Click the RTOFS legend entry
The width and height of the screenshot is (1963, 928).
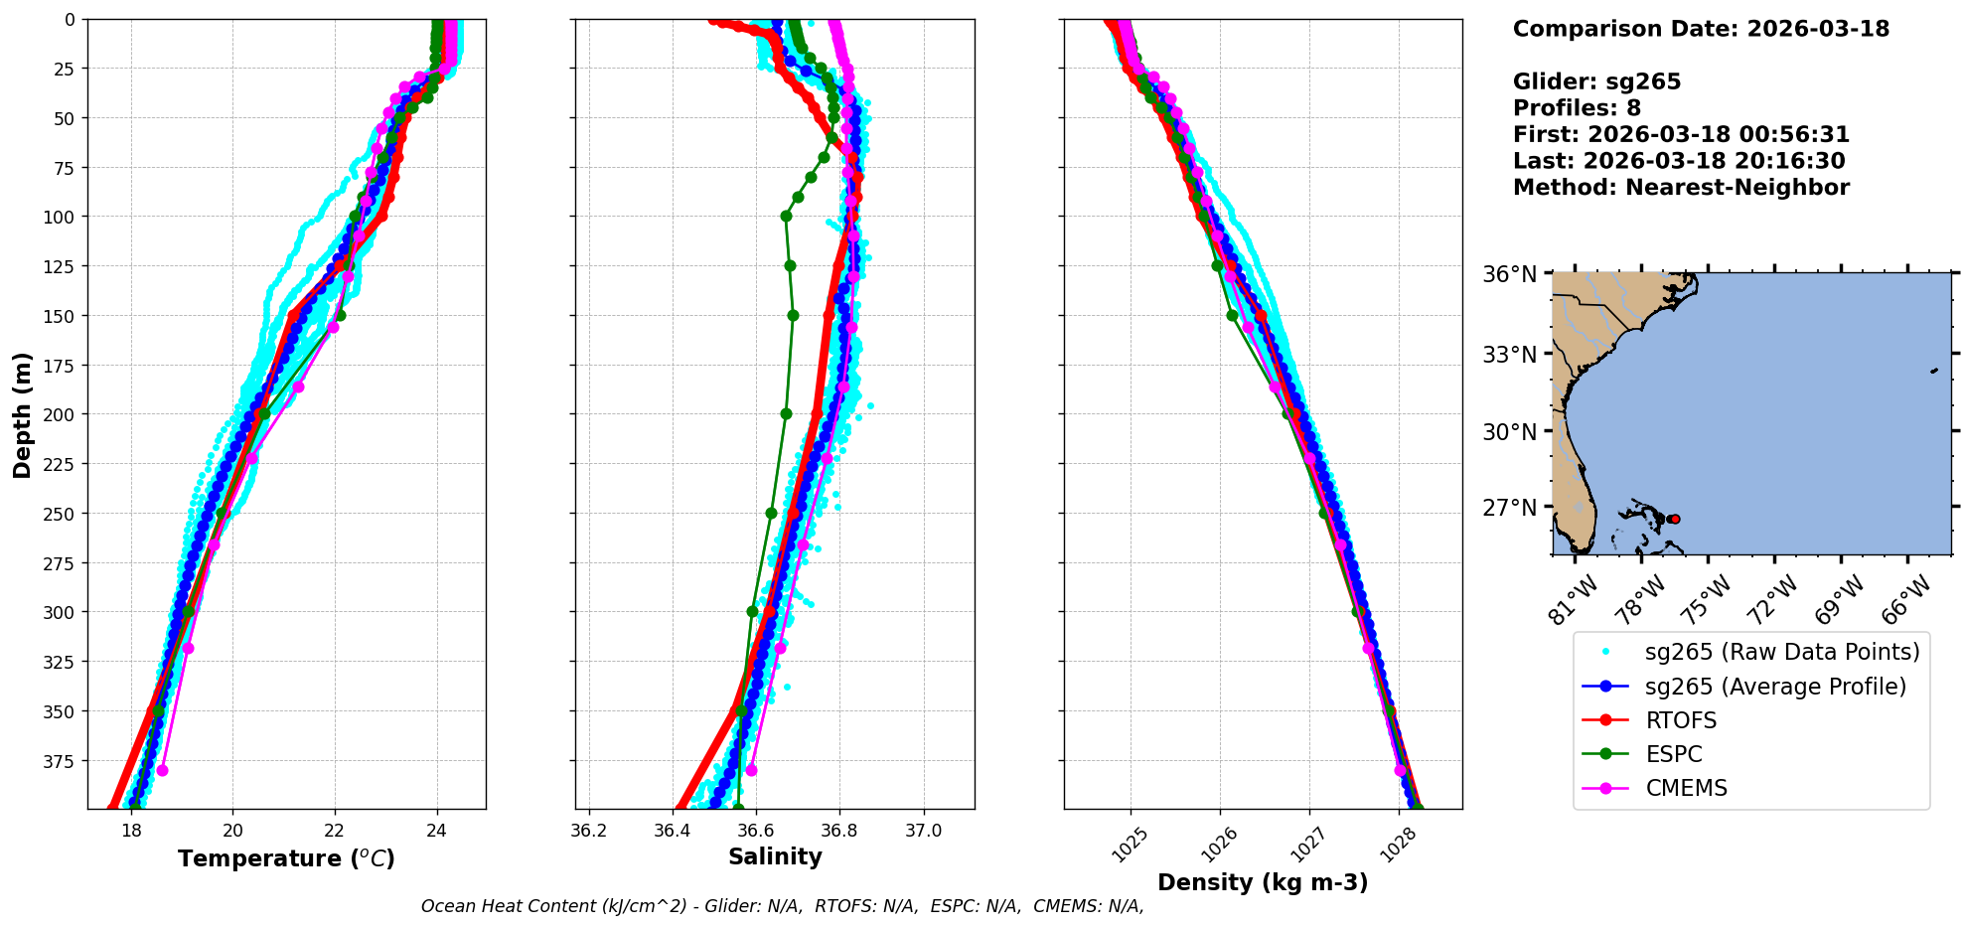pos(1680,720)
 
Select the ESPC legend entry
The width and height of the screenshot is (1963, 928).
pos(1673,754)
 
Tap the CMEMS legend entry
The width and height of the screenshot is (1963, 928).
pos(1686,788)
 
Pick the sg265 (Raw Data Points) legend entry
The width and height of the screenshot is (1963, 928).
pos(1782,652)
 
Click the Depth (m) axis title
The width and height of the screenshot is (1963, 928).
pos(23,414)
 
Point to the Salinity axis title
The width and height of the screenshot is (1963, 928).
pos(775,857)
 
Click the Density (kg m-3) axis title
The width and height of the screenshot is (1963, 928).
pos(1263,882)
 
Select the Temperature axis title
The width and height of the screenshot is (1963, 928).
pos(286,858)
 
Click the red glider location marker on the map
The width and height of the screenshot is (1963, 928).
pos(1675,519)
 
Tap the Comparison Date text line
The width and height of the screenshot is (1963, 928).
pos(1701,29)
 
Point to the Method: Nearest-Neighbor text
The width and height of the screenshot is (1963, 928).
pos(1681,188)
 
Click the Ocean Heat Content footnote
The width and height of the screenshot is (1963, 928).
pos(782,906)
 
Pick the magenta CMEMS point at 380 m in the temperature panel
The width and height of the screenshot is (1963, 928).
pos(162,770)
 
